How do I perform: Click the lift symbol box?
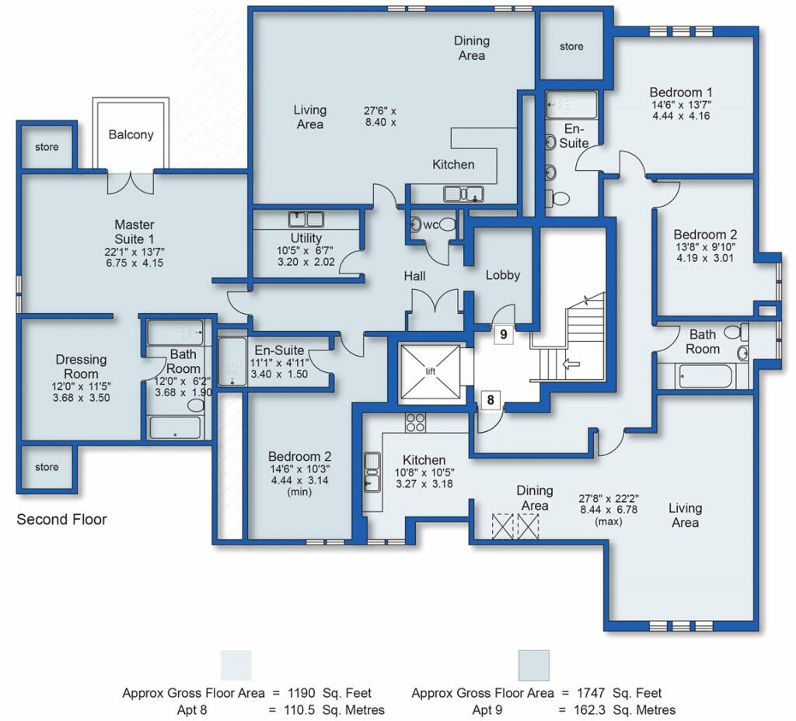[431, 371]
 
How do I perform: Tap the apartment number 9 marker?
[504, 334]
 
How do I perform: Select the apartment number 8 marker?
[491, 400]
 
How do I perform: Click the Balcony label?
[131, 134]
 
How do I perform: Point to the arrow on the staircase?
[571, 364]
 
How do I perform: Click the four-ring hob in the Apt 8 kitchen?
[415, 422]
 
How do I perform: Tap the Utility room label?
[306, 238]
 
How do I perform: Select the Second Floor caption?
[62, 519]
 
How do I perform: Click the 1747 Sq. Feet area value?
[619, 693]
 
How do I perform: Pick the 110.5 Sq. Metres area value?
[334, 710]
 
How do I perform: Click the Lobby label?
[503, 275]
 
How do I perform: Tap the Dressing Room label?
[81, 367]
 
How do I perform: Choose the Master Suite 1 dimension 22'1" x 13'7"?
[134, 252]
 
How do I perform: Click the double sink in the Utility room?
[306, 219]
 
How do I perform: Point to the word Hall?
[415, 276]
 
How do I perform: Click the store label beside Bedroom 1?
[571, 46]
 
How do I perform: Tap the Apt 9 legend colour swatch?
[533, 665]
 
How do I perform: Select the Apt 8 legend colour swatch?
[236, 665]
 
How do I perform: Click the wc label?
[431, 225]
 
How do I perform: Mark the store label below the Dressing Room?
[47, 467]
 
